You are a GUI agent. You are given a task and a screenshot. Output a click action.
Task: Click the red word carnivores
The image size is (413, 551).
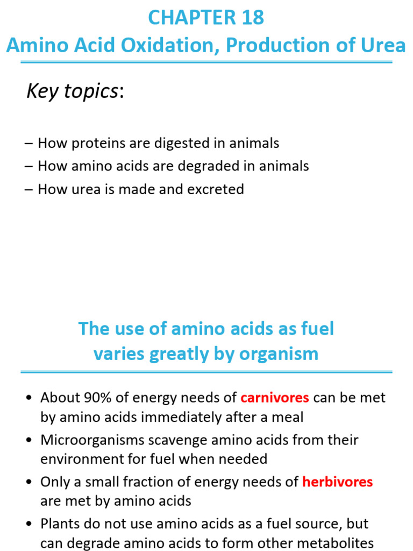pos(275,398)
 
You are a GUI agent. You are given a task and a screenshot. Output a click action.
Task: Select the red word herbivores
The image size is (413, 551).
pos(338,482)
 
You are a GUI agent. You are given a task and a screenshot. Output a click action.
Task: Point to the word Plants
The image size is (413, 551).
pos(58,524)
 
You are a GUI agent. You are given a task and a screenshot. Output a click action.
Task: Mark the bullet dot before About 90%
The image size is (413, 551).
pos(29,399)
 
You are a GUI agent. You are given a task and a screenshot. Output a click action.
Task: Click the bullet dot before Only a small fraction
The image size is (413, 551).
pos(29,483)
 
